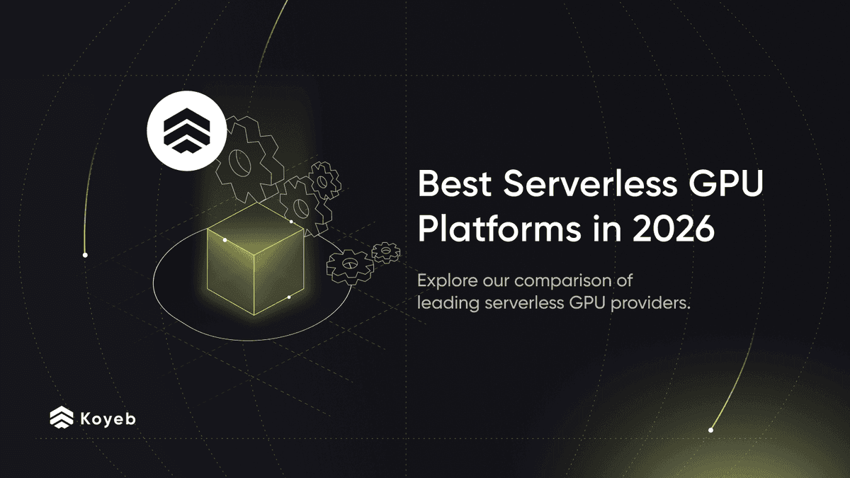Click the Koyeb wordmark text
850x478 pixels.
click(x=108, y=418)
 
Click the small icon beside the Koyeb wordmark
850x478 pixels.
click(x=62, y=418)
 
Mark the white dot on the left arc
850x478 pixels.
click(x=85, y=255)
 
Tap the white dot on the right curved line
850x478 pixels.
click(x=710, y=430)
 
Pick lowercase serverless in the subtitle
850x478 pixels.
click(x=527, y=303)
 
